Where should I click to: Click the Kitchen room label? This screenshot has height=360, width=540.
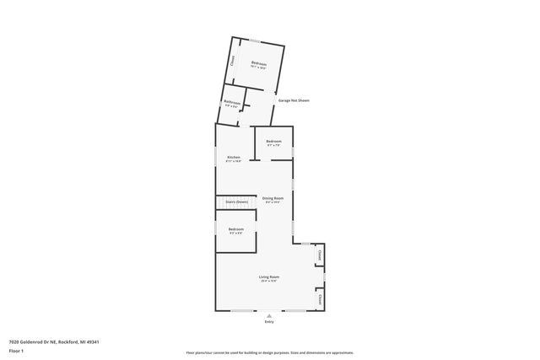233,158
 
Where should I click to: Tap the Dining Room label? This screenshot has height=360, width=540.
273,198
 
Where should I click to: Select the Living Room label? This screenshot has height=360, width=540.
269,277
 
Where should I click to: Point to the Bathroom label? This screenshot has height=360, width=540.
232,103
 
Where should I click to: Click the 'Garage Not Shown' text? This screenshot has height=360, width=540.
294,100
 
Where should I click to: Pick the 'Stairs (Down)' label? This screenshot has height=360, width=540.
236,202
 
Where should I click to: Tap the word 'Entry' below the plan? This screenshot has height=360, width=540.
269,321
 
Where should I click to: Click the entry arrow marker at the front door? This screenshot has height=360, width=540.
269,314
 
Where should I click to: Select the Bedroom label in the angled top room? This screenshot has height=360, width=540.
258,64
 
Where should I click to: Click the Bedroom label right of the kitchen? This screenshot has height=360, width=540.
274,141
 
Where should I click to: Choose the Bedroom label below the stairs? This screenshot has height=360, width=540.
235,229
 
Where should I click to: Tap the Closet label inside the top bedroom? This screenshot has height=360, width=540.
234,60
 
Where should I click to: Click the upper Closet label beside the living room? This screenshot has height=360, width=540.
319,254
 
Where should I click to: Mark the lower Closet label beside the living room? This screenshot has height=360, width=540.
319,298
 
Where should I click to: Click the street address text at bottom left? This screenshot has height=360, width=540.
54,341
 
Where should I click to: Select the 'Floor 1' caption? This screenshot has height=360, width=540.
17,350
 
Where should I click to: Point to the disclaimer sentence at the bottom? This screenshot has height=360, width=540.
269,352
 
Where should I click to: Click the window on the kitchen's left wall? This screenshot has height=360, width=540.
215,158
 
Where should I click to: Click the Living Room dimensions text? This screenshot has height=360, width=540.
269,281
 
